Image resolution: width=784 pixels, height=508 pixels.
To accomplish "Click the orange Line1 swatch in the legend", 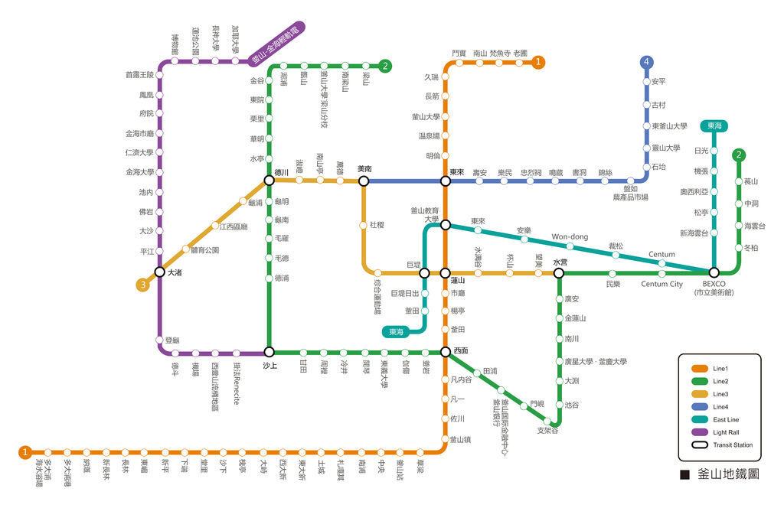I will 698,368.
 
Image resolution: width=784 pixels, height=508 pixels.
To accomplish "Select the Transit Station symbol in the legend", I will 698,444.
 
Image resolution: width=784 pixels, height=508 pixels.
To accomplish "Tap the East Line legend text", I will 727,419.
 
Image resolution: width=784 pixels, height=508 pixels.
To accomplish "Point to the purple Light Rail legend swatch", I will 698,431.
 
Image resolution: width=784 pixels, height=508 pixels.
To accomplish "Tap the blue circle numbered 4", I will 648,61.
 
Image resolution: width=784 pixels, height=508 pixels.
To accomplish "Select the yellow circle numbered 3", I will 142,285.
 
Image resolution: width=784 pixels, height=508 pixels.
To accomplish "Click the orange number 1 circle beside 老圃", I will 539,62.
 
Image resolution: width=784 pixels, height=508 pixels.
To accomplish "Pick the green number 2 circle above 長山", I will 739,155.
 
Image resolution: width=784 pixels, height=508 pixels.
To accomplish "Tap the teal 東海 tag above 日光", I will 715,125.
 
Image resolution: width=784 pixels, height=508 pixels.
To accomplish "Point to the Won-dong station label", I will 570,237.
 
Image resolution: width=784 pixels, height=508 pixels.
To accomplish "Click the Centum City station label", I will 661,285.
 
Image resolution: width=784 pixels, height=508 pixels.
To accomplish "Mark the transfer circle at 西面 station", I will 445,352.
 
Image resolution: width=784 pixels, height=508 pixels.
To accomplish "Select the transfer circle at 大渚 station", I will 159,272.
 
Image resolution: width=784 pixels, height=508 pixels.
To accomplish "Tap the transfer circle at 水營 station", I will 559,273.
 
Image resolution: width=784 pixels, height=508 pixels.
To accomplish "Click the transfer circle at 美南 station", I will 364,181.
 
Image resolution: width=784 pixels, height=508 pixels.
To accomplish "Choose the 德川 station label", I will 281,172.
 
